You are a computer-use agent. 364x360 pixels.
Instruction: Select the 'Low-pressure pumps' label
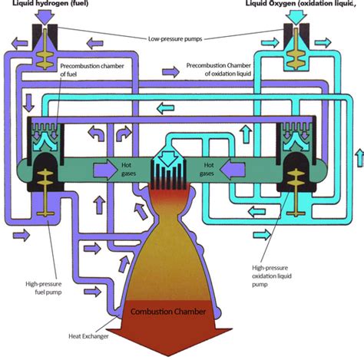pos(174,38)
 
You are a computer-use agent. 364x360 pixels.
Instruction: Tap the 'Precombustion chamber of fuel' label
pos(104,70)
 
